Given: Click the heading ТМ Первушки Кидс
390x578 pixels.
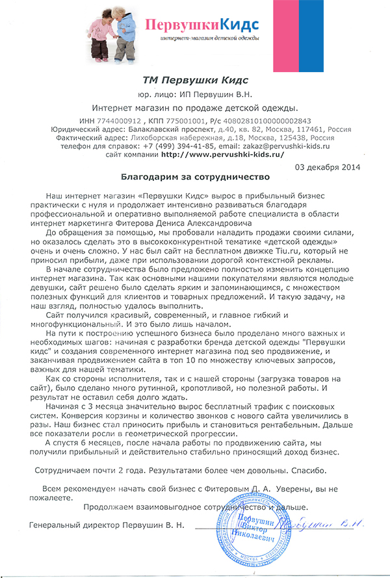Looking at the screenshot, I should [195, 80].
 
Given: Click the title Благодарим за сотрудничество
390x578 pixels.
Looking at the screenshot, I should [195, 176].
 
